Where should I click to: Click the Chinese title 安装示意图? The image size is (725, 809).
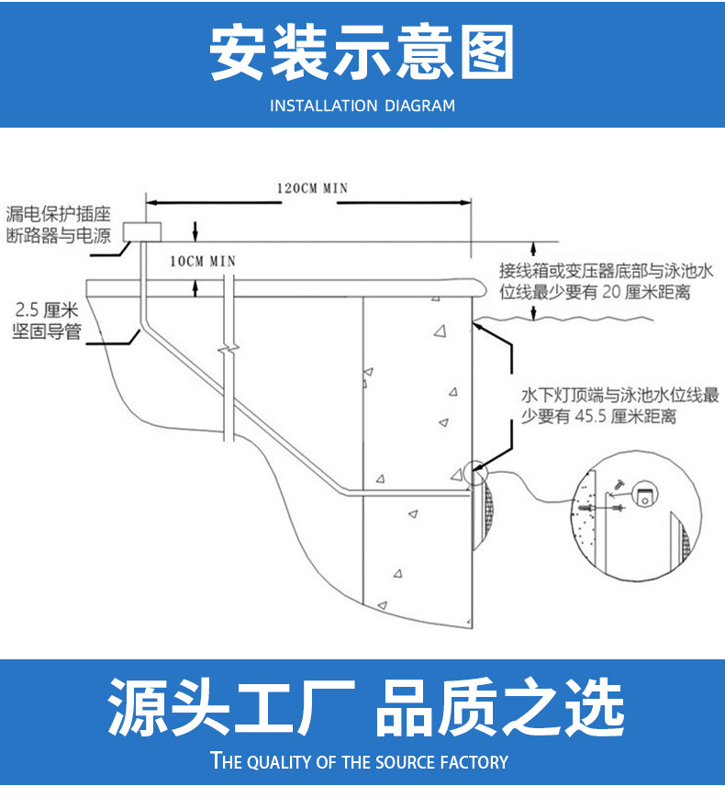362,52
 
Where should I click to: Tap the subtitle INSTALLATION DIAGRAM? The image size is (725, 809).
362,106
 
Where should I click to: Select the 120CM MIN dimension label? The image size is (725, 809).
312,188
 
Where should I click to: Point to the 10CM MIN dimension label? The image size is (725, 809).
203,261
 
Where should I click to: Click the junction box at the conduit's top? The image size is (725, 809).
142,230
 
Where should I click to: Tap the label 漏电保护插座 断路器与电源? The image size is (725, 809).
58,225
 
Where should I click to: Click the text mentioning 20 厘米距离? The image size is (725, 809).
606,282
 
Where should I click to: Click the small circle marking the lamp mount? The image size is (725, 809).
476,473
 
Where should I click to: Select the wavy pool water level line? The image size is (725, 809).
560,321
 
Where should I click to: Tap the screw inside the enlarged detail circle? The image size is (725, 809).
618,482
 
